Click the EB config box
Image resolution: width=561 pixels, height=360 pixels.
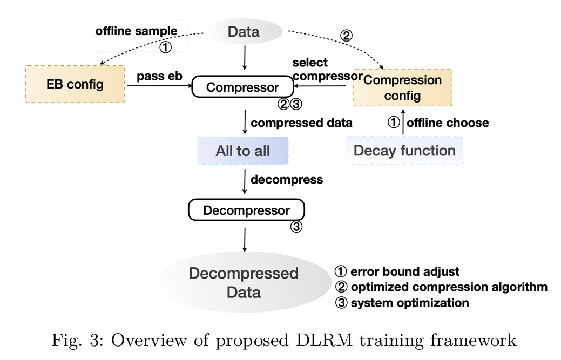coord(75,84)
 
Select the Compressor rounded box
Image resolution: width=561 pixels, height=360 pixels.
coord(242,87)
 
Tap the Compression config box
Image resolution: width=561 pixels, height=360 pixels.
coord(402,87)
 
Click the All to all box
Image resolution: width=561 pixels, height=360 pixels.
coord(243,151)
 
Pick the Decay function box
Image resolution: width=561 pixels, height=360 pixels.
coord(404,151)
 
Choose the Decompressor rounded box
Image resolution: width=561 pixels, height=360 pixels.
coord(247,210)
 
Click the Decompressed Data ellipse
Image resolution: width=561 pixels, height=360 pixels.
coord(244,282)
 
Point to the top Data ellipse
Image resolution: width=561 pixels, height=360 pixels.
coord(244,31)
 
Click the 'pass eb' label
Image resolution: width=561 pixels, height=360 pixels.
coord(160,76)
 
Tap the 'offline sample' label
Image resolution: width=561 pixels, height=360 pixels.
coord(136,31)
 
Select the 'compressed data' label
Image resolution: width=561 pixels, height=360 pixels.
coord(302,123)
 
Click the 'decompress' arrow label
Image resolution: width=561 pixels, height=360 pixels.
coord(287,180)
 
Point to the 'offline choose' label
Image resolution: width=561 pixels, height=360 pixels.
coord(448,123)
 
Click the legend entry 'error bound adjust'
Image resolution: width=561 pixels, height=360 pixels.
coord(397,271)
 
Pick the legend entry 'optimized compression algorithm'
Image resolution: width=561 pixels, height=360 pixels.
coord(441,287)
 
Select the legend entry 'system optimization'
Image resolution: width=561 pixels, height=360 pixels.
coord(402,303)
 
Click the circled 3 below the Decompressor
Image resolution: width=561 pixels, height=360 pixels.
coord(296,227)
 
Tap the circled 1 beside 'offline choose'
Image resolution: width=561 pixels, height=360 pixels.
coord(394,123)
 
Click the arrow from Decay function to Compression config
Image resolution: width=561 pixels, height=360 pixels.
coord(403,122)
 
